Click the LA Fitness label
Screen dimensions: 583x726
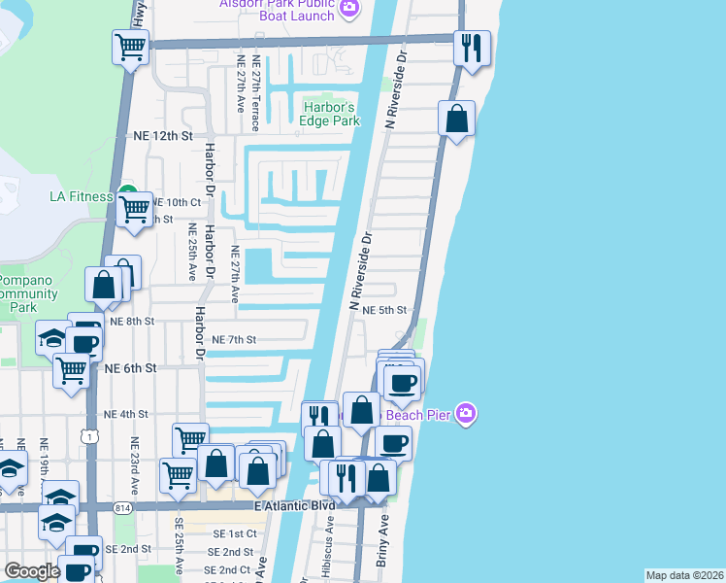click(x=82, y=196)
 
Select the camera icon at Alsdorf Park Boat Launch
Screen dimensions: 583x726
click(x=348, y=10)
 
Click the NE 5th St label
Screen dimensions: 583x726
click(x=379, y=310)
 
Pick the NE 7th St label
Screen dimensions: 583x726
click(x=233, y=339)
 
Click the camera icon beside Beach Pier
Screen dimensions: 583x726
click(x=467, y=414)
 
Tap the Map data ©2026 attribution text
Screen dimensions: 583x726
click(x=684, y=575)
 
